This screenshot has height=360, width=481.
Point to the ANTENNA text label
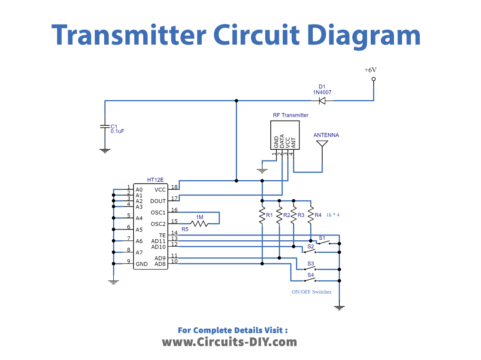click(326, 133)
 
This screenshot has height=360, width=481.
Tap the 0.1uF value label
click(116, 131)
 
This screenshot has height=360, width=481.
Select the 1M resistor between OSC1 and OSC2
click(201, 223)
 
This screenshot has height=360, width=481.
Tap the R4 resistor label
click(318, 214)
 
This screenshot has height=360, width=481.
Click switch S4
click(311, 274)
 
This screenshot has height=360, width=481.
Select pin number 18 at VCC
click(174, 186)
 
